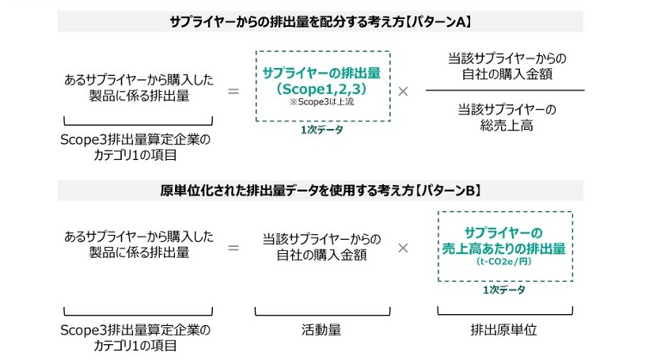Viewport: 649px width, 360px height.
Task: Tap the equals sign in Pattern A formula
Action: pos(233,91)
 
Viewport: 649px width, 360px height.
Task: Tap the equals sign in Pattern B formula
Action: pos(233,248)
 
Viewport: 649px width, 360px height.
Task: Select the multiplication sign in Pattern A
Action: pos(403,91)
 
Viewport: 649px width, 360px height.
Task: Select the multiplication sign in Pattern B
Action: pos(403,248)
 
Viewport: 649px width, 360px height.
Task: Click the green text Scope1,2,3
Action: pos(323,88)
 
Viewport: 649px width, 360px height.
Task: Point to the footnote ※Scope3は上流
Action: pos(323,102)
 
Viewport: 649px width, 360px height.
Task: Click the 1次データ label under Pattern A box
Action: pos(322,130)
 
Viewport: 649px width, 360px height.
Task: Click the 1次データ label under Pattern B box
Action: pos(504,290)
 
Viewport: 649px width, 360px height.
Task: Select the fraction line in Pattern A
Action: pos(505,91)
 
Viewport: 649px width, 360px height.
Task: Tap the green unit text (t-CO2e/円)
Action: pos(504,262)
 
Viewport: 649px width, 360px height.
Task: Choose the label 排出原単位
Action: pos(504,330)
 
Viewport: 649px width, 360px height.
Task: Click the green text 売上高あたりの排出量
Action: pos(504,248)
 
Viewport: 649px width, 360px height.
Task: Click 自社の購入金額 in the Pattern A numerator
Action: pos(505,74)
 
